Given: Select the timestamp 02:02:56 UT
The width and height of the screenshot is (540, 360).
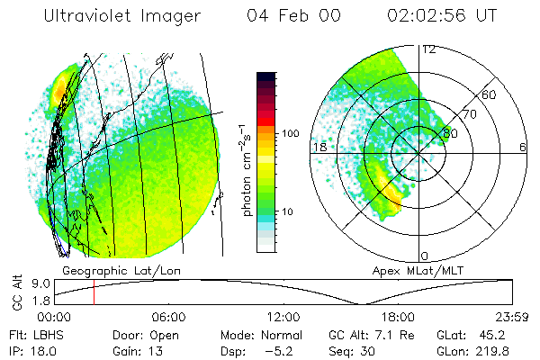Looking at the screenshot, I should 440,17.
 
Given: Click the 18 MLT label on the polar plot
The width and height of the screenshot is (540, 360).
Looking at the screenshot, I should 318,147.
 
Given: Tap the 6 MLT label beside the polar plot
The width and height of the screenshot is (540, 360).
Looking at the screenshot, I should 523,147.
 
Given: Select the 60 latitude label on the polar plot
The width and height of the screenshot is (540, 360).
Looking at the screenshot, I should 490,94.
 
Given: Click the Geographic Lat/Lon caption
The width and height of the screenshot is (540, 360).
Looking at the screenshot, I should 112,270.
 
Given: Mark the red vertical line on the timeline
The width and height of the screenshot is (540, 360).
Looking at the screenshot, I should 94,292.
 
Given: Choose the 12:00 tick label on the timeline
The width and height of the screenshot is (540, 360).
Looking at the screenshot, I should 283,317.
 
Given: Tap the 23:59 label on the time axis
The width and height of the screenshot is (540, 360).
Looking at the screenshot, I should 511,317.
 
